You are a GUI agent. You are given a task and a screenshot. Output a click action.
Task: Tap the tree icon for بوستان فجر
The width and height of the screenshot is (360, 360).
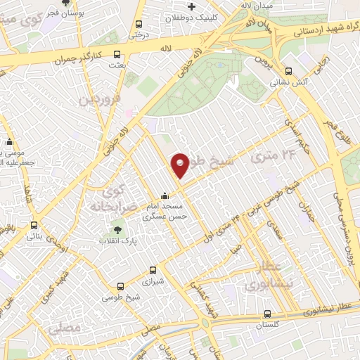65,3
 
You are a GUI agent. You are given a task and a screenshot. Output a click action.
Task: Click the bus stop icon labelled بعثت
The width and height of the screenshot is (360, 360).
117,55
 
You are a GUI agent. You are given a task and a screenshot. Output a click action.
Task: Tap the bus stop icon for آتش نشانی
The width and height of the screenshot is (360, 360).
288,70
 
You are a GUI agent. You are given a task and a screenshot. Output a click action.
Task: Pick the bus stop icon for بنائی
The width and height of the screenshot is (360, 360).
34,226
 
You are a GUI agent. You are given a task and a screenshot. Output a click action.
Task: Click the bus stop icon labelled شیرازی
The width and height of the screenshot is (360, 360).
154,269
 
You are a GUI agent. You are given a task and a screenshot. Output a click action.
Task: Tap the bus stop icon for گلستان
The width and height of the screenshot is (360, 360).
267,314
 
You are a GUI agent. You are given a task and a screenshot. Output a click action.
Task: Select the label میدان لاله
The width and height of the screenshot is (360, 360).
255,6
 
